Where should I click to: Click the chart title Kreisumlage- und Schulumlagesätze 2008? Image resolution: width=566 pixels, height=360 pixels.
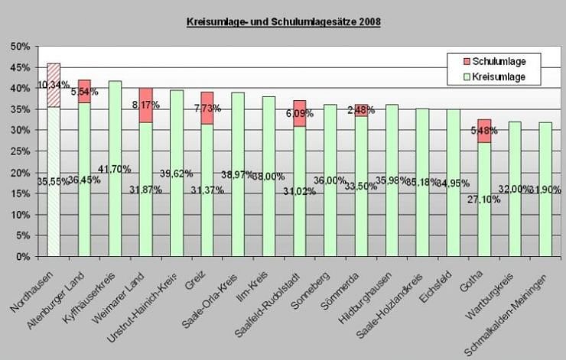[x=283, y=22]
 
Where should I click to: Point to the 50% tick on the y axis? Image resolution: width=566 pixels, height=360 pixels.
[x=19, y=47]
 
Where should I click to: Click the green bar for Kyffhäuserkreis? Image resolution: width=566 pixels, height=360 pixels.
[x=115, y=168]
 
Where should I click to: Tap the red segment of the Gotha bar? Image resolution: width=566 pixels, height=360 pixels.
[x=484, y=131]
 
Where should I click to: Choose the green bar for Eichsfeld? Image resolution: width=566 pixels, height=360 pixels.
[x=454, y=183]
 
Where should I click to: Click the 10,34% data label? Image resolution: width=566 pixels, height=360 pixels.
[x=54, y=85]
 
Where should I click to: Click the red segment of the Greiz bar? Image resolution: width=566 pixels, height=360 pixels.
[x=207, y=108]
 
